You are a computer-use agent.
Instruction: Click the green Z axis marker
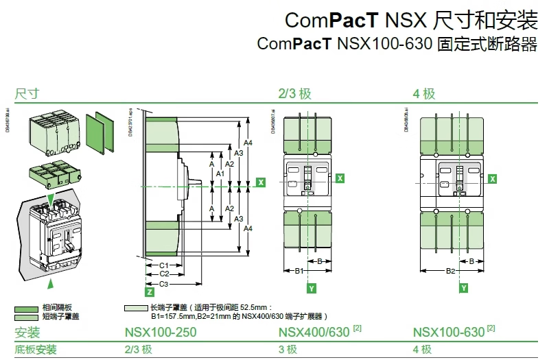(x=149, y=292)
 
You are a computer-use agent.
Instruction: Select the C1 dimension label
(x=164, y=265)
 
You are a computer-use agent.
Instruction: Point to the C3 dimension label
(x=164, y=283)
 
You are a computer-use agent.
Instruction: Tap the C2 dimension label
(x=164, y=274)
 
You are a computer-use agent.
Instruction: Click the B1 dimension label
(x=299, y=272)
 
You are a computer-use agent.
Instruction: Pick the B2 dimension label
(x=451, y=272)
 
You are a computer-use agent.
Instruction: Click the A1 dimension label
(x=220, y=174)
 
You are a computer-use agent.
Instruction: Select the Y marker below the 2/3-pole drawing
(x=312, y=289)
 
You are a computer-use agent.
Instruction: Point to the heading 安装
(x=27, y=333)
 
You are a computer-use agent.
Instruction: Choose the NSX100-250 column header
(x=161, y=333)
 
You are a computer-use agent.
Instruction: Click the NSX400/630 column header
(x=314, y=333)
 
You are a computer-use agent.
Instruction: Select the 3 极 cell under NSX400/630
(x=288, y=350)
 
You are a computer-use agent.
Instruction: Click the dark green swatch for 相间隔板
(x=27, y=308)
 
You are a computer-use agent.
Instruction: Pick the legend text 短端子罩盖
(x=60, y=316)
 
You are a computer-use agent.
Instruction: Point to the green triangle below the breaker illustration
(x=49, y=282)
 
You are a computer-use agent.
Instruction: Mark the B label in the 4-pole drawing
(x=471, y=261)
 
